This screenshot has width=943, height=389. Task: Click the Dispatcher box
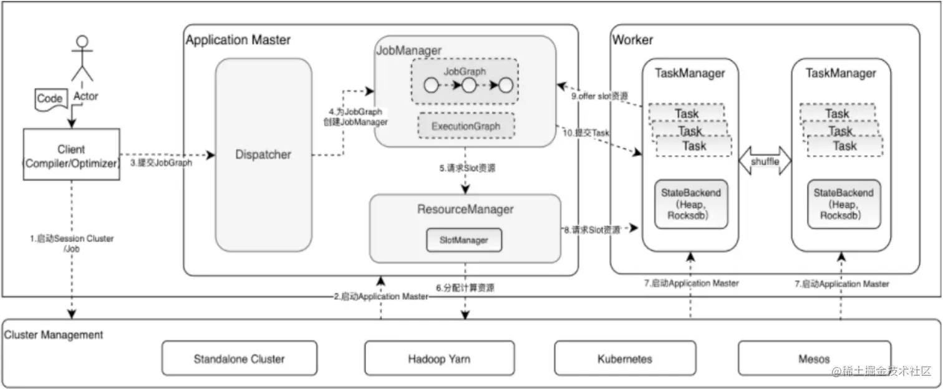(263, 154)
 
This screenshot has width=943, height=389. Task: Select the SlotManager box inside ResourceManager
(464, 240)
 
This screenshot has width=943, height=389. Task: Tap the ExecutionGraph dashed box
(467, 126)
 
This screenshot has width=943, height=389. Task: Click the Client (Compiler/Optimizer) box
(71, 155)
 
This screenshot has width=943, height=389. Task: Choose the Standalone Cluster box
(239, 359)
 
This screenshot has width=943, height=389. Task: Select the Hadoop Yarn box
(439, 359)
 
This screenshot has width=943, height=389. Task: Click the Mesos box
(814, 359)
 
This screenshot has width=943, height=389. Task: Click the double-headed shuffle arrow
(764, 162)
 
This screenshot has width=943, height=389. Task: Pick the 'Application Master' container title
(238, 40)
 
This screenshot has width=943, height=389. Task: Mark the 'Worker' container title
(632, 40)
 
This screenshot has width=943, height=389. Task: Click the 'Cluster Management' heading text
(54, 335)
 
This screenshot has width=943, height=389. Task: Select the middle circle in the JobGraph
(469, 85)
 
